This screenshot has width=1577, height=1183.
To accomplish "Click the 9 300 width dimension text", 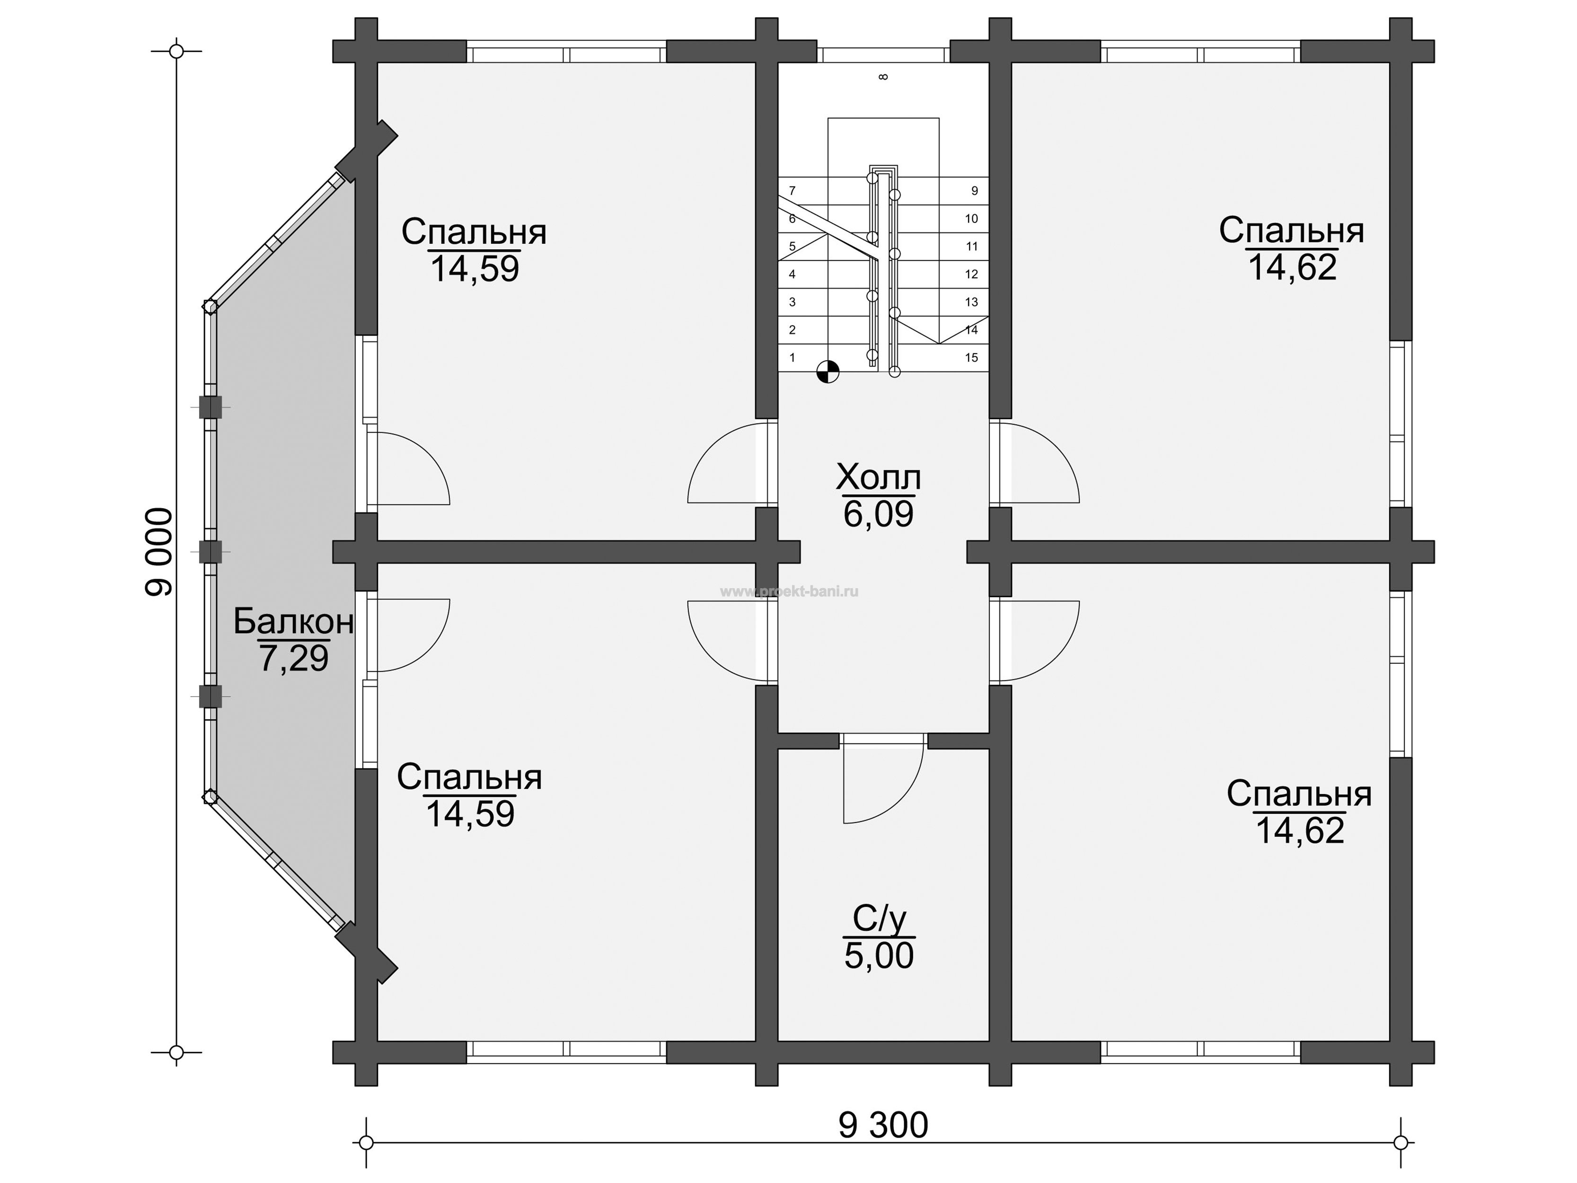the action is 883,1125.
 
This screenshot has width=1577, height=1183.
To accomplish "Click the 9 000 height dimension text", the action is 159,552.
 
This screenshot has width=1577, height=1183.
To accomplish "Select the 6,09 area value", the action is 878,513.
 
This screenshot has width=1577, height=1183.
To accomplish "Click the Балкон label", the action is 293,622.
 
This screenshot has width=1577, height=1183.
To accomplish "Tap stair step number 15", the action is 971,358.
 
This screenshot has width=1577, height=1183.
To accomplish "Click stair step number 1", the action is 792,357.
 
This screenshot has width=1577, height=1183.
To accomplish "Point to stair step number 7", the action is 792,190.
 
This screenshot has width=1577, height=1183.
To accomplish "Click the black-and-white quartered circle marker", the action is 828,371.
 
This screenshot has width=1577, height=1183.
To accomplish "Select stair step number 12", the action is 971,274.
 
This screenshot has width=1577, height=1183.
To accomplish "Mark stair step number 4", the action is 792,274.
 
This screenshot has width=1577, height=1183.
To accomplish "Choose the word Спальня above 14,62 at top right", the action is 1291,231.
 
